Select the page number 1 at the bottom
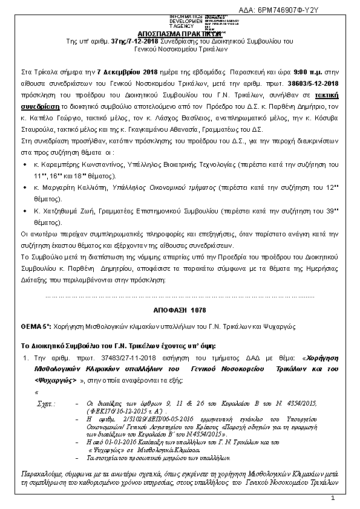point(333,498)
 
